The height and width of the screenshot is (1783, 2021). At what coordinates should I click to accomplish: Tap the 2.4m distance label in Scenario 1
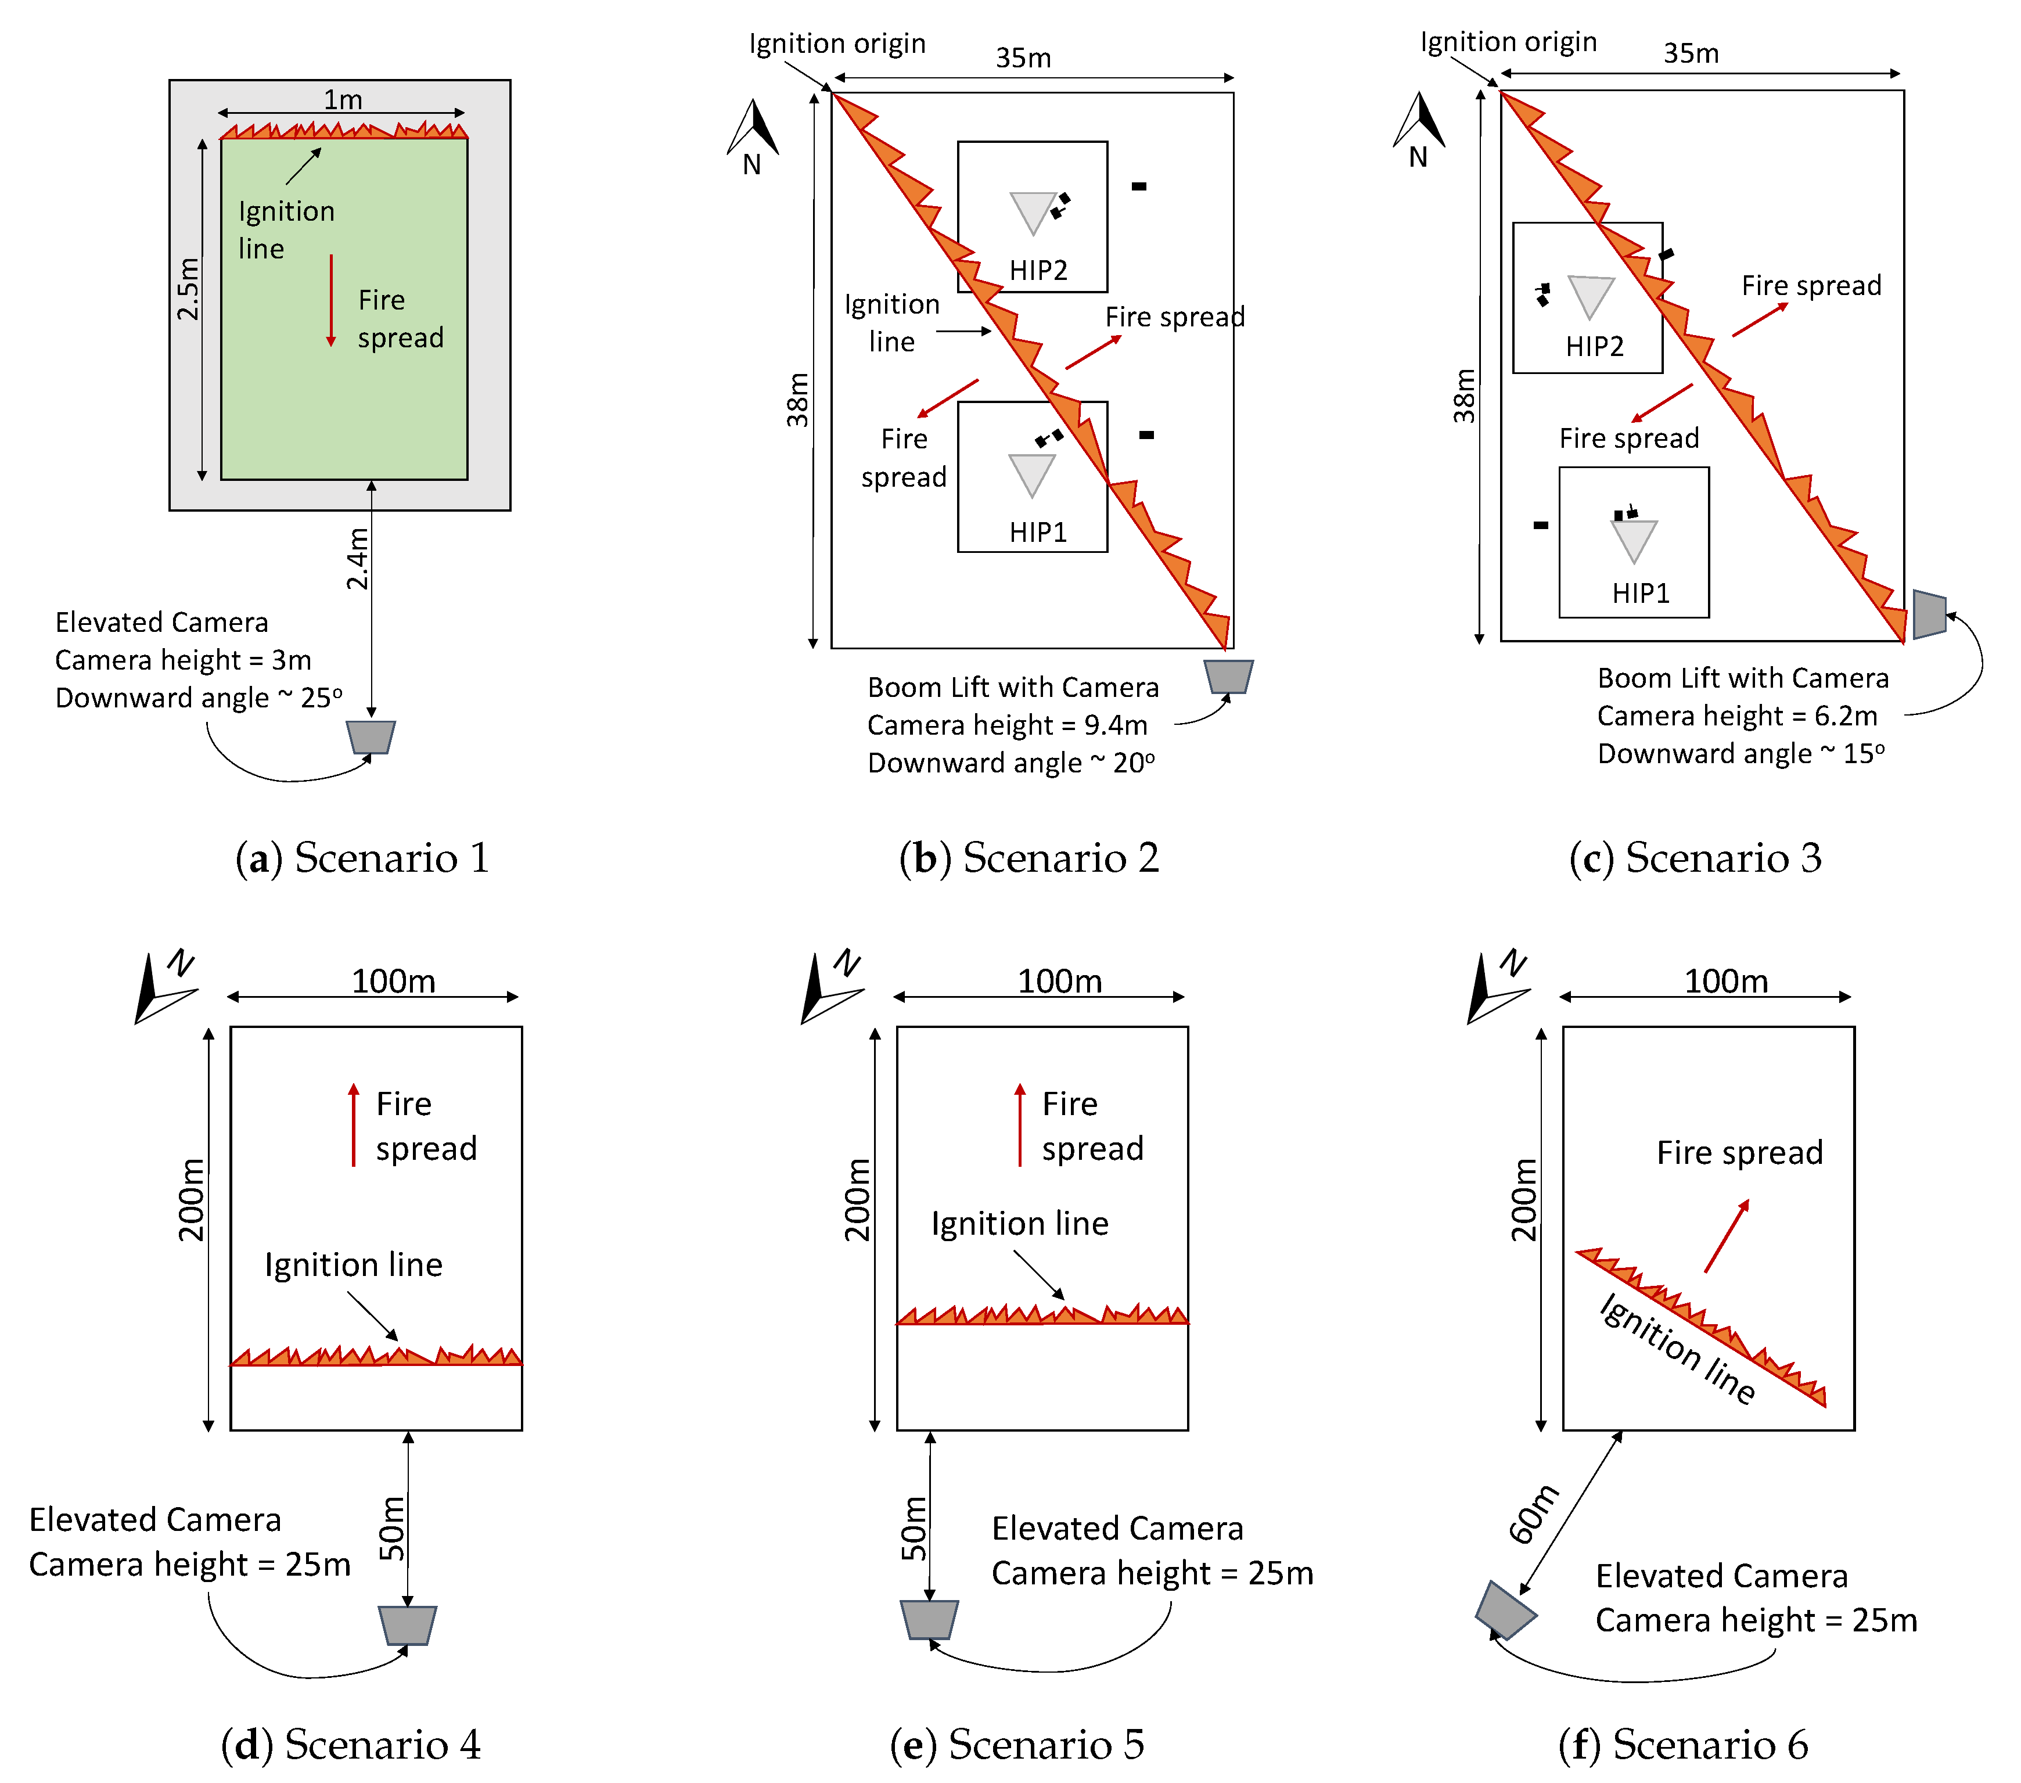coord(357,559)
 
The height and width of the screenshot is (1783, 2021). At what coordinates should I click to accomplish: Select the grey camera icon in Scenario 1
coord(371,737)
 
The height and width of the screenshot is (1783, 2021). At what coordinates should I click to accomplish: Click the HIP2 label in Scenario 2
coord(1038,270)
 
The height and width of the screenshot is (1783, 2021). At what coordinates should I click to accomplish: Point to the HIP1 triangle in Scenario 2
coord(1031,474)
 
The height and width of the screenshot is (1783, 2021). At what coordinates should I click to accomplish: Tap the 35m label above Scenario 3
coord(1691,53)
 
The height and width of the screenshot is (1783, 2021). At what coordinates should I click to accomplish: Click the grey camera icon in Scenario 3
coord(1928,614)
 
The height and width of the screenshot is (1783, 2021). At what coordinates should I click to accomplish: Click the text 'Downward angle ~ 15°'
coord(1740,753)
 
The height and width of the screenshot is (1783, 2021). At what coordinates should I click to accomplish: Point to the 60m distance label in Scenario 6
coord(1534,1513)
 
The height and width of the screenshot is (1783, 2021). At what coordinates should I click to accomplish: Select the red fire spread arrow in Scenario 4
coord(353,1126)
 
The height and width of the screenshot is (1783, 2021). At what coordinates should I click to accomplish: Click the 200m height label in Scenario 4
coord(191,1199)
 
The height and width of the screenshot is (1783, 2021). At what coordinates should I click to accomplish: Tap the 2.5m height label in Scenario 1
coord(188,289)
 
